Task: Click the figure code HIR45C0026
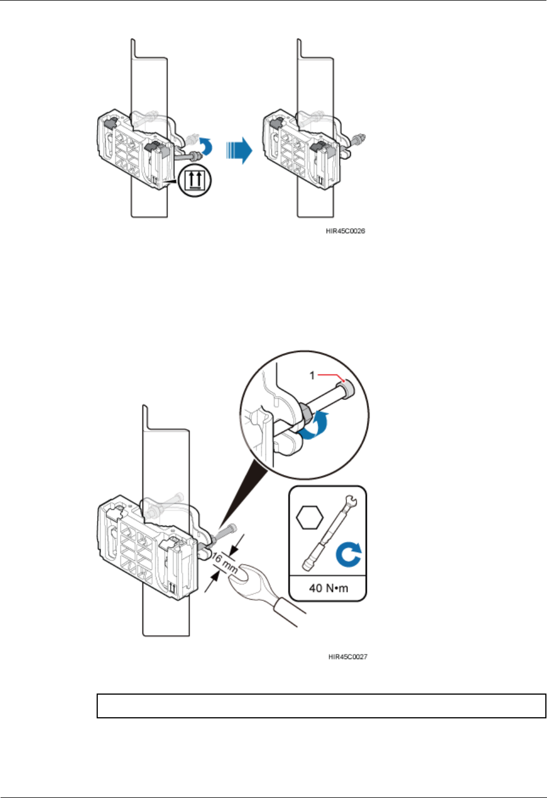(x=345, y=231)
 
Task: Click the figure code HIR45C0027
(x=348, y=657)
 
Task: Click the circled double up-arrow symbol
(x=195, y=181)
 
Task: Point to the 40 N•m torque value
(x=328, y=588)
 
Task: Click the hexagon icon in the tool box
(x=310, y=517)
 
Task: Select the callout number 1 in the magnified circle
(x=312, y=375)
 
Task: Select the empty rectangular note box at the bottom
(x=321, y=706)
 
